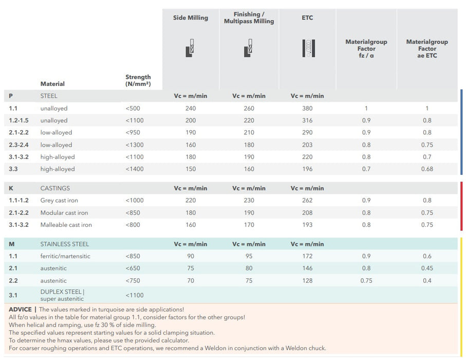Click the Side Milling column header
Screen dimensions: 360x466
[190, 17]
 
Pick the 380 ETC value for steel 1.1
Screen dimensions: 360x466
[307, 109]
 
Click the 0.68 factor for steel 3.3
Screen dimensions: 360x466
[427, 169]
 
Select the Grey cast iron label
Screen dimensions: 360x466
[59, 201]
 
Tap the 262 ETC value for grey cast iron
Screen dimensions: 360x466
[307, 201]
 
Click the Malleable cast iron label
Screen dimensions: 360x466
[66, 225]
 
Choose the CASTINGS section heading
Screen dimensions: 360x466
[55, 188]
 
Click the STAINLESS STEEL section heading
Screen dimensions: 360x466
[64, 244]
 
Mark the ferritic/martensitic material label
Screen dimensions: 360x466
[65, 256]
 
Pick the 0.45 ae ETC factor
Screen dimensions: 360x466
[427, 268]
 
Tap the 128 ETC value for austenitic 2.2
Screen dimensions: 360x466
[307, 280]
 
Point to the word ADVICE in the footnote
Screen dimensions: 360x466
[20, 310]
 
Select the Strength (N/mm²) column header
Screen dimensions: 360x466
[138, 80]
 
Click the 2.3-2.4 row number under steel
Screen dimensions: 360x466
[19, 145]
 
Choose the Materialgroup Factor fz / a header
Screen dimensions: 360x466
[366, 48]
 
